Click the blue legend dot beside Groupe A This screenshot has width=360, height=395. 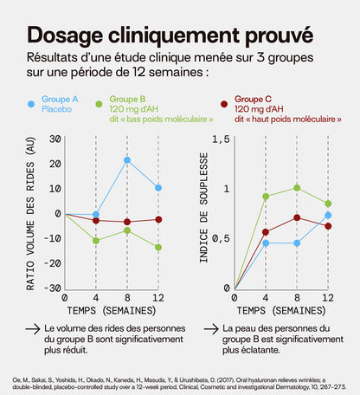[32, 103]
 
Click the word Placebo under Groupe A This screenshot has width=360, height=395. [57, 110]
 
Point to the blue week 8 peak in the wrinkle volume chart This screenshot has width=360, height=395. [127, 159]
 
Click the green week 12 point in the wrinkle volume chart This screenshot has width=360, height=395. [157, 247]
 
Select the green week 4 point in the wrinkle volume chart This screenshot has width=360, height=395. [96, 240]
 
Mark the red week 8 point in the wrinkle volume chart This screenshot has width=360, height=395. [127, 222]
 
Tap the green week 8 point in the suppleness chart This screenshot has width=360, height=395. [298, 187]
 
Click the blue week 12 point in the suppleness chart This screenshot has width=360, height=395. [328, 215]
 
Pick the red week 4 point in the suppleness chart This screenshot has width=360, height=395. [266, 232]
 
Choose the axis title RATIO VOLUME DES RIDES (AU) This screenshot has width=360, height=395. [32, 213]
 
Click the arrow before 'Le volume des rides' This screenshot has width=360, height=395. [32, 330]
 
